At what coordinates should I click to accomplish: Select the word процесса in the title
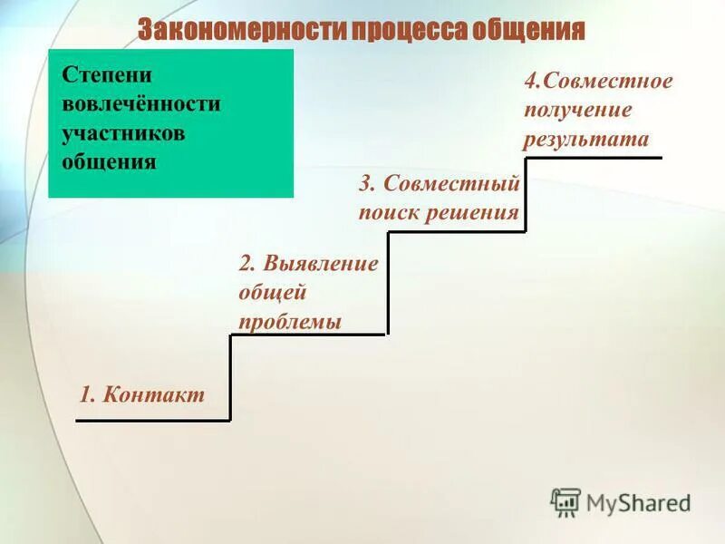(x=409, y=29)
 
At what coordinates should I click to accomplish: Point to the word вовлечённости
(x=140, y=102)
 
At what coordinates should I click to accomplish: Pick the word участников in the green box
(x=123, y=132)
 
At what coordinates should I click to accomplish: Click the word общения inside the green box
(x=109, y=162)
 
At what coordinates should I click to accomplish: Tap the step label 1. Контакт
(x=142, y=395)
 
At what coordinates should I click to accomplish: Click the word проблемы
(x=290, y=322)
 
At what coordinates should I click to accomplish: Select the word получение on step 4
(x=576, y=111)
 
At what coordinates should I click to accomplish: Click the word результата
(x=585, y=140)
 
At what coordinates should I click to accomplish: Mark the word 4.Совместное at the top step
(x=598, y=82)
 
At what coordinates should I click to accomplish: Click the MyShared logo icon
(x=565, y=501)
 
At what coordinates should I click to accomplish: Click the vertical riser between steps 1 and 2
(x=230, y=377)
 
